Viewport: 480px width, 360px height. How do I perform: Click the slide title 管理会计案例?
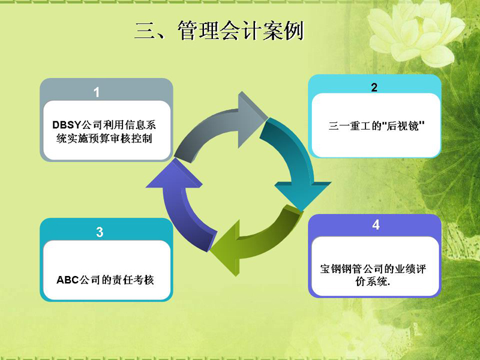241,31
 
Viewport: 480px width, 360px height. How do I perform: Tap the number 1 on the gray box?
97,92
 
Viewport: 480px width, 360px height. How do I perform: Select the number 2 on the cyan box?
374,88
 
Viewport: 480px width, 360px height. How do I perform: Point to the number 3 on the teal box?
100,232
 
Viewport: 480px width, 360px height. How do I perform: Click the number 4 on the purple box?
376,224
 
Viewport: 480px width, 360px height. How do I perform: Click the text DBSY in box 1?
67,125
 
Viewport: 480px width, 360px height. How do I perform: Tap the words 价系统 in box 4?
371,281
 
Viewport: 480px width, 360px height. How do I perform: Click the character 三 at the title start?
145,32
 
